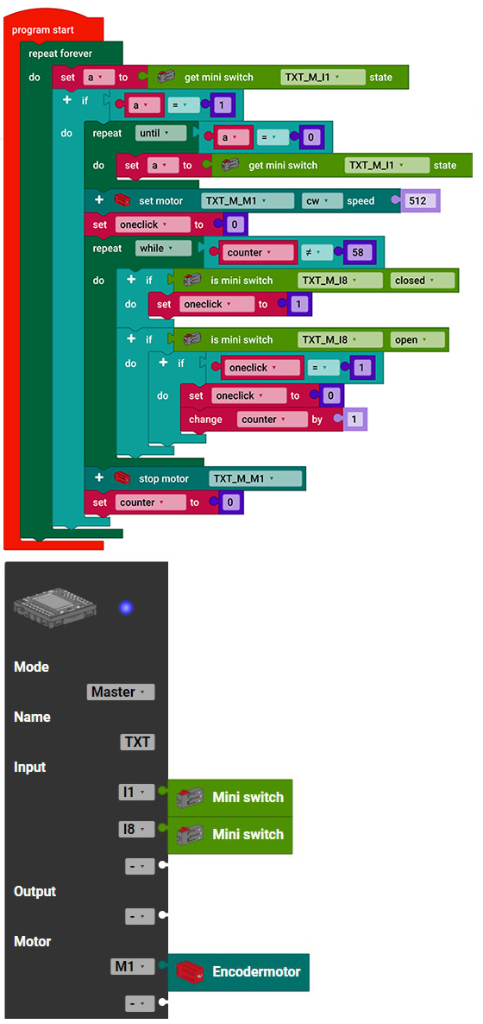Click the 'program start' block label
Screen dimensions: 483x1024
pyautogui.click(x=43, y=30)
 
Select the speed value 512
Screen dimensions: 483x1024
pyautogui.click(x=417, y=200)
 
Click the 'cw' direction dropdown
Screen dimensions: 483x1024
pyautogui.click(x=323, y=200)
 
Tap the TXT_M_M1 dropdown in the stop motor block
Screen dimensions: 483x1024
pyautogui.click(x=256, y=478)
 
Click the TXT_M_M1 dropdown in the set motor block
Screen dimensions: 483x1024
pyautogui.click(x=248, y=200)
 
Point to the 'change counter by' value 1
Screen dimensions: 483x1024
pyautogui.click(x=354, y=420)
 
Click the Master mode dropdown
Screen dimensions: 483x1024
pyautogui.click(x=121, y=692)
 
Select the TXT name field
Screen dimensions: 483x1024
pyautogui.click(x=137, y=742)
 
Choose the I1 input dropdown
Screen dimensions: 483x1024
pyautogui.click(x=136, y=792)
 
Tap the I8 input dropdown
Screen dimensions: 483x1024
pyautogui.click(x=136, y=830)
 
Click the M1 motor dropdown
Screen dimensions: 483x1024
pyautogui.click(x=133, y=966)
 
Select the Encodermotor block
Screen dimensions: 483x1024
pyautogui.click(x=239, y=972)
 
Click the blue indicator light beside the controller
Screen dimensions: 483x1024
pyautogui.click(x=126, y=608)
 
